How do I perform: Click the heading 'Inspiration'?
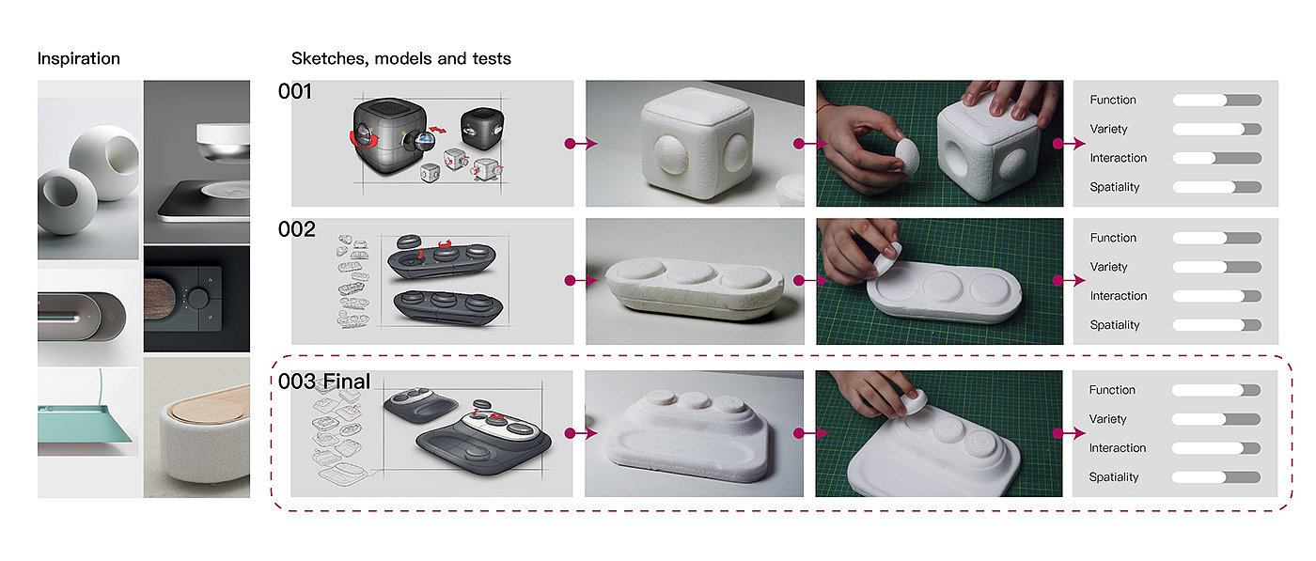pyautogui.click(x=79, y=58)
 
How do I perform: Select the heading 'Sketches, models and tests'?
pyautogui.click(x=400, y=58)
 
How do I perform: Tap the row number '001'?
pyautogui.click(x=295, y=91)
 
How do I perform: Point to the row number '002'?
pyautogui.click(x=297, y=229)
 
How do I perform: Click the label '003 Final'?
pyautogui.click(x=324, y=382)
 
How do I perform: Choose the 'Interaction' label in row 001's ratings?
pyautogui.click(x=1118, y=158)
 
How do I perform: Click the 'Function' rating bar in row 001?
pyautogui.click(x=1216, y=100)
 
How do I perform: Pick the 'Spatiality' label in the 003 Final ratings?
pyautogui.click(x=1113, y=477)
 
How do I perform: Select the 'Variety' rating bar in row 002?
pyautogui.click(x=1216, y=267)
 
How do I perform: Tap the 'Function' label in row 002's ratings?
pyautogui.click(x=1113, y=238)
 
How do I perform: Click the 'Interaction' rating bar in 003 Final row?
pyautogui.click(x=1215, y=448)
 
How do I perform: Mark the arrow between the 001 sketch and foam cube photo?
pyautogui.click(x=581, y=144)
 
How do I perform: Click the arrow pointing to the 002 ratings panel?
pyautogui.click(x=1069, y=281)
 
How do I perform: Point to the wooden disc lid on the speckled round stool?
pyautogui.click(x=212, y=405)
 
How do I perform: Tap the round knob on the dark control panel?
pyautogui.click(x=198, y=298)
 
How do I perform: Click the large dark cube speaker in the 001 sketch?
pyautogui.click(x=389, y=135)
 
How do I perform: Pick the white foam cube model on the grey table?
pyautogui.click(x=696, y=143)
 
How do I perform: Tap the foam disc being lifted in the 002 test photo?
pyautogui.click(x=886, y=258)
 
